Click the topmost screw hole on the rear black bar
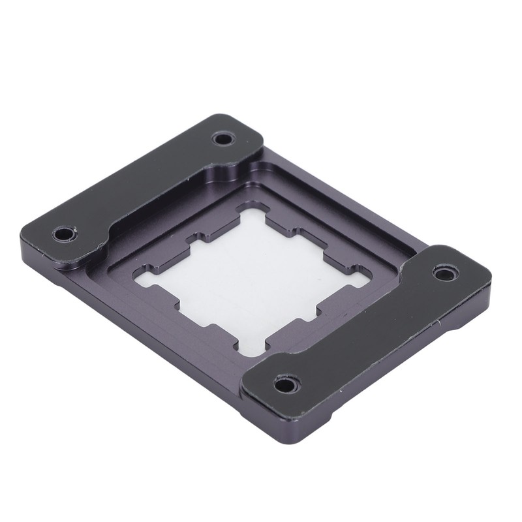point(223,138)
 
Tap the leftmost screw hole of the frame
point(65,233)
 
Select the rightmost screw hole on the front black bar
point(445,272)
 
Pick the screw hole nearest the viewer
point(285,384)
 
